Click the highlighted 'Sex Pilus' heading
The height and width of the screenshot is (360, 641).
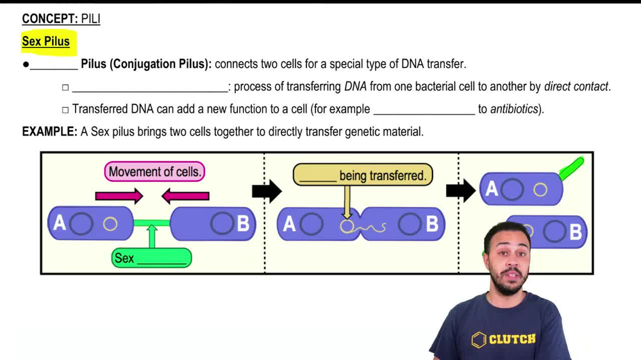click(x=46, y=42)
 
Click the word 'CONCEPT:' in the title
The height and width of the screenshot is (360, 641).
click(x=49, y=19)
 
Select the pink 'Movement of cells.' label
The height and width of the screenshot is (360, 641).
click(x=154, y=172)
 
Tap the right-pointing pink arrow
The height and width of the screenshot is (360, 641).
click(x=119, y=196)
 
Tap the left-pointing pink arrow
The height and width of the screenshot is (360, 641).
click(x=185, y=196)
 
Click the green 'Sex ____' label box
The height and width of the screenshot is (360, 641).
click(x=151, y=258)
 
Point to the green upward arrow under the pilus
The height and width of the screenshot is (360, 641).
click(x=152, y=236)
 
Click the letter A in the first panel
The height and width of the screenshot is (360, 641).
click(x=60, y=223)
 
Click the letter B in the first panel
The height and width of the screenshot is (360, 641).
click(x=243, y=224)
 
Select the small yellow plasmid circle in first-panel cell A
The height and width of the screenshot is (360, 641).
click(x=110, y=224)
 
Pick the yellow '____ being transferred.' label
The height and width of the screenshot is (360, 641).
click(x=363, y=175)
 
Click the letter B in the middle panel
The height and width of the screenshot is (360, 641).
click(x=432, y=224)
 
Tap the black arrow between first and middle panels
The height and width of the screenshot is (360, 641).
click(x=267, y=190)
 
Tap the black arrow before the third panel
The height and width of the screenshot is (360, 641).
click(x=461, y=190)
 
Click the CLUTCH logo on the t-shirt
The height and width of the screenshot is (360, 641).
click(x=505, y=339)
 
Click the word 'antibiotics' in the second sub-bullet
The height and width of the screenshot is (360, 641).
click(x=515, y=109)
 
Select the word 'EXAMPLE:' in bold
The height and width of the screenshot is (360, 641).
click(x=49, y=131)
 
